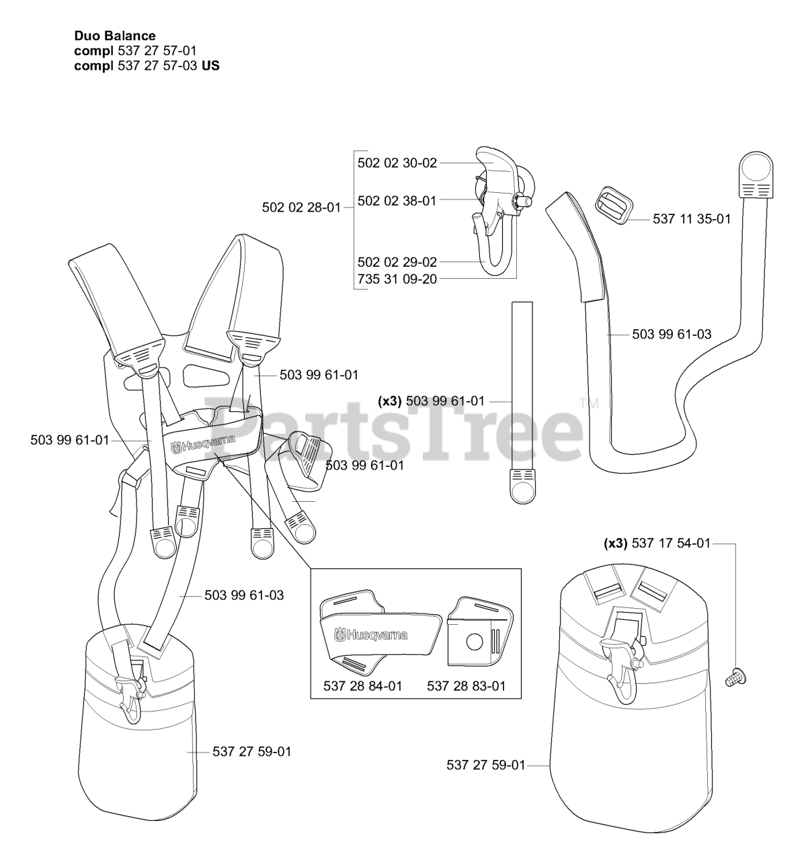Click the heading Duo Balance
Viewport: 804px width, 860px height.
115,36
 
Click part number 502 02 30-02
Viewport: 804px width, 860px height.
397,163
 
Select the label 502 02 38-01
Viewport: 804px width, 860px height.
397,200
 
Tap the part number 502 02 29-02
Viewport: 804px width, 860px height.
397,262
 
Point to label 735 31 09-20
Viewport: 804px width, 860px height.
397,278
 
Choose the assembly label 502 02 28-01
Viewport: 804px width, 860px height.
302,208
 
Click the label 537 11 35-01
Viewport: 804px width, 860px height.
692,219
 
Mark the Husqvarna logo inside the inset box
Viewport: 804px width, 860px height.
372,634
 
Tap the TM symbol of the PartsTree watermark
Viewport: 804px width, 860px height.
588,404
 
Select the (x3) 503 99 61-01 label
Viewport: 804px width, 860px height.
431,401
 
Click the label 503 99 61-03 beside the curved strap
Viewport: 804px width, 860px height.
672,334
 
